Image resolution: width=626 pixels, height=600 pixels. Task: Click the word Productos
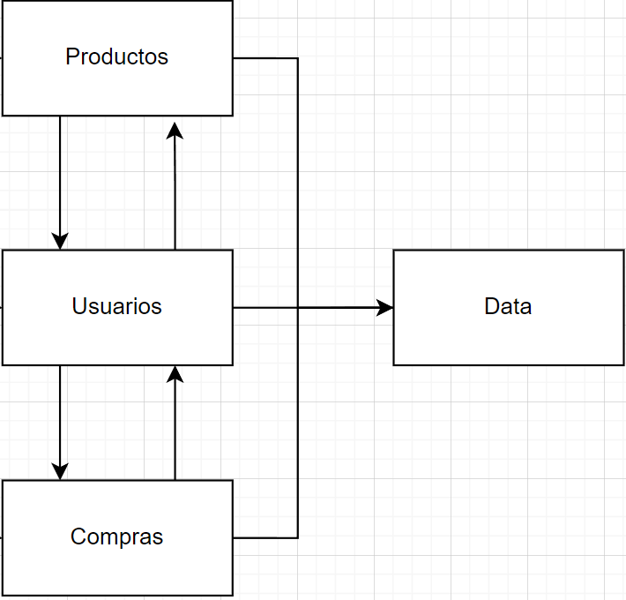116,56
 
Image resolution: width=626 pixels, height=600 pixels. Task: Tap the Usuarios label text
116,306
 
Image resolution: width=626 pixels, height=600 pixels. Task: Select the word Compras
116,536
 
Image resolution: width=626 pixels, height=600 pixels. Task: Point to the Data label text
508,306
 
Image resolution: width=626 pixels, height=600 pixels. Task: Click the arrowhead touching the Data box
385,307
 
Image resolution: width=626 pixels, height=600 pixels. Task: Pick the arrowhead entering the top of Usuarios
60,241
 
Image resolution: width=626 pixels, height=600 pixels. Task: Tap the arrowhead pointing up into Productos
175,131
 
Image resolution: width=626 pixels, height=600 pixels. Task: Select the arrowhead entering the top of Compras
60,471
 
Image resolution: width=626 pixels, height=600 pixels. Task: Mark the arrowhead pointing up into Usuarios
175,374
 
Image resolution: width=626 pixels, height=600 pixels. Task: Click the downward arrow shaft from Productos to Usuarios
60,176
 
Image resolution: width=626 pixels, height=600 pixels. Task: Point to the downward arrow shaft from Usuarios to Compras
60,415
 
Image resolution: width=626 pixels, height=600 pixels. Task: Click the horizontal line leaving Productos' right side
265,58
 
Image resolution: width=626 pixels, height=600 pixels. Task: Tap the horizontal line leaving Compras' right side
265,537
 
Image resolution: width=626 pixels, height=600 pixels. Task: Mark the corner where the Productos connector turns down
298,58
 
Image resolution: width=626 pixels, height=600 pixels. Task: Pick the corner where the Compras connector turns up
298,537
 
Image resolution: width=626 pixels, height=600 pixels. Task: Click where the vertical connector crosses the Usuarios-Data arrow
298,307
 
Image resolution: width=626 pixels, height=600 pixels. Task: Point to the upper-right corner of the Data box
623,250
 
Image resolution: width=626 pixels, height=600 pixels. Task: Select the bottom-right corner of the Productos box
233,116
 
